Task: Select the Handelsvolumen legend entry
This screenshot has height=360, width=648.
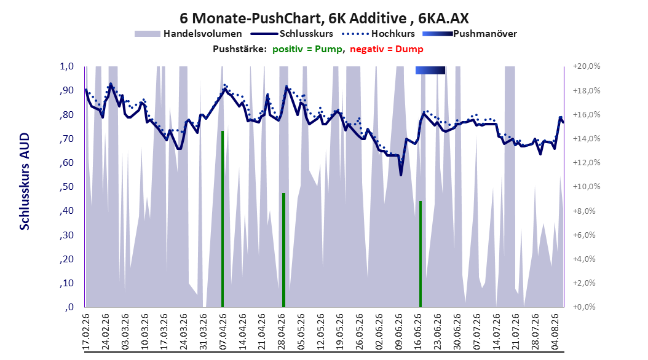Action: (188, 34)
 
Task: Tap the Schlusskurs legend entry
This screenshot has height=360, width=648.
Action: (292, 34)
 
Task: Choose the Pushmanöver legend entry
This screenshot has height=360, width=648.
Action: (470, 34)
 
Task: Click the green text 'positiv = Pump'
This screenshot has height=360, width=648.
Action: (307, 49)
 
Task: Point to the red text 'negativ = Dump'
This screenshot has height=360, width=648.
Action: (387, 49)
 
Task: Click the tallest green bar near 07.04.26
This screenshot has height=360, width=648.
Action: (223, 219)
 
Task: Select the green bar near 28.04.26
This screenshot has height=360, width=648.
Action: (283, 250)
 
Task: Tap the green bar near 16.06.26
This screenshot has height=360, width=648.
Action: (421, 254)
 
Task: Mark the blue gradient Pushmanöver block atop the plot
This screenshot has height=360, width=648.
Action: (430, 70)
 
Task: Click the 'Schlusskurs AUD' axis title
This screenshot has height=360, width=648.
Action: (25, 181)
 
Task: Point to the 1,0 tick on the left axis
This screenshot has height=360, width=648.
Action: (66, 66)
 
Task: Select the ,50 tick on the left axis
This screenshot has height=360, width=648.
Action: (66, 187)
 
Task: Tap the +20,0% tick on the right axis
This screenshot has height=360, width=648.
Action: (587, 66)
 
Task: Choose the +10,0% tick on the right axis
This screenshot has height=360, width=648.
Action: (587, 187)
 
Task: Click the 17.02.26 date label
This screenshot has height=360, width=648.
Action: (85, 332)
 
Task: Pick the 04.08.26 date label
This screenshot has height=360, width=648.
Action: (555, 332)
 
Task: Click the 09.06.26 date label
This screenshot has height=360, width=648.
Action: (398, 332)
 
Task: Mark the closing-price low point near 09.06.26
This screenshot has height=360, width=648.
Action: (400, 175)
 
